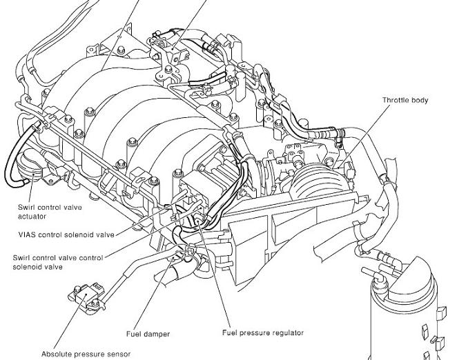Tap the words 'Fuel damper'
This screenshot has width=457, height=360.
[148, 334]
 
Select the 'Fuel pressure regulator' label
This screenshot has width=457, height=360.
[262, 333]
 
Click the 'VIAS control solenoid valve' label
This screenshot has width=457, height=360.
[67, 233]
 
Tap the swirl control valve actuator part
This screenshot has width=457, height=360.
[28, 166]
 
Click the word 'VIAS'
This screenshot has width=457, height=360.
[28, 233]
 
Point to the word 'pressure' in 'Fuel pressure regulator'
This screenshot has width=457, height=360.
[253, 333]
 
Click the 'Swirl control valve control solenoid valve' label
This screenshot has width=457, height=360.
[57, 262]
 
